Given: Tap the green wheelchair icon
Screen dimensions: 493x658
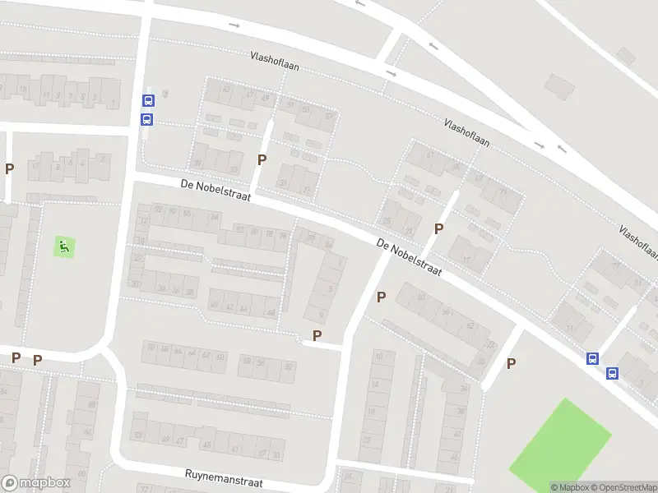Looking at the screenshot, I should [64, 245].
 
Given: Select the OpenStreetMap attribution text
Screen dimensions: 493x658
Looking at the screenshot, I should [624, 487].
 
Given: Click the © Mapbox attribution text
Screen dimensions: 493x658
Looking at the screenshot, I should [571, 487].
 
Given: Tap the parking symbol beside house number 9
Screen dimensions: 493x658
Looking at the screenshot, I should [317, 335].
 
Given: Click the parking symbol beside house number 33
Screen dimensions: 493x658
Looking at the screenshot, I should [262, 159].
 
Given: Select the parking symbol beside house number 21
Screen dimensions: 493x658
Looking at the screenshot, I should [438, 228].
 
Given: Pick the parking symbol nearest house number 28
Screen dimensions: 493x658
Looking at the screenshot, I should [511, 363].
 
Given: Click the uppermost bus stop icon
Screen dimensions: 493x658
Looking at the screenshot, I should [148, 101].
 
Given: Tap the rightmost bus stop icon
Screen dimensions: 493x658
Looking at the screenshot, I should [611, 374].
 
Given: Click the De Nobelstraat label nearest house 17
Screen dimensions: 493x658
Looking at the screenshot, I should [410, 257].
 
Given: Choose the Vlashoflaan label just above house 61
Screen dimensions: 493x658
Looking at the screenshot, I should [466, 132].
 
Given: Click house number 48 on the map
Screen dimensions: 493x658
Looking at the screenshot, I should [271, 312].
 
